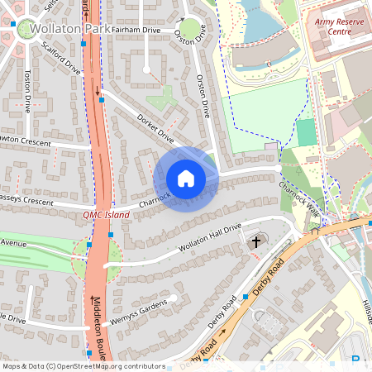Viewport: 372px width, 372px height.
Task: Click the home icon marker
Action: tap(186, 179)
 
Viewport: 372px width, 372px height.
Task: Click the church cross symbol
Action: tap(256, 242)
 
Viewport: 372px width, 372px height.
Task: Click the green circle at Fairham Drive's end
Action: tap(191, 29)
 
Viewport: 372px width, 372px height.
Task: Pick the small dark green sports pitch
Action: tap(306, 132)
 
